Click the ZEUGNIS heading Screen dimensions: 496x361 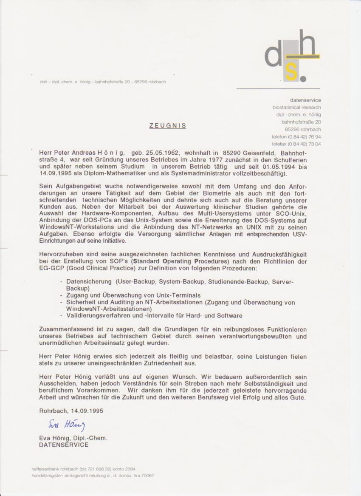[x=167, y=126]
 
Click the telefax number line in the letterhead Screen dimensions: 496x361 [x=296, y=144]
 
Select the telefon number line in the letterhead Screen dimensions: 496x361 [x=296, y=137]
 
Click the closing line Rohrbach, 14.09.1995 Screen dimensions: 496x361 [x=71, y=411]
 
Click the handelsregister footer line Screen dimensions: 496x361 [x=93, y=476]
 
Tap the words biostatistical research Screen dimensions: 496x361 [x=296, y=108]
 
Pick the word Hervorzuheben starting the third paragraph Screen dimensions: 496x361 [x=60, y=254]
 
